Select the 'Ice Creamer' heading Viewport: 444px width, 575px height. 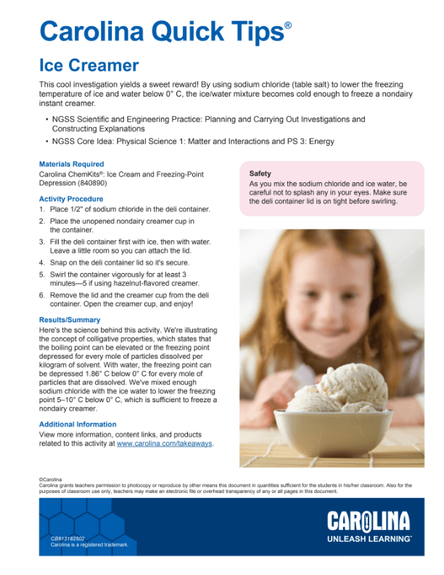89,66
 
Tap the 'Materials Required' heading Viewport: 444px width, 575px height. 71,164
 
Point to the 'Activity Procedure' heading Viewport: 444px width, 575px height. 71,199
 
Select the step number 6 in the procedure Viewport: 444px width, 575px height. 42,295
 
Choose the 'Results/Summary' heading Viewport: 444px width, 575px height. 70,319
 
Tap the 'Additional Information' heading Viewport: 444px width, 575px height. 78,424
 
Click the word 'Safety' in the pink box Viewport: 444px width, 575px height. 260,174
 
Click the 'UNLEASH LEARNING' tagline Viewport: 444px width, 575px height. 368,539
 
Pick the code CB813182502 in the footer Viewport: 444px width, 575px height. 67,537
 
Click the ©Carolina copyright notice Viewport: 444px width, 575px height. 51,480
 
